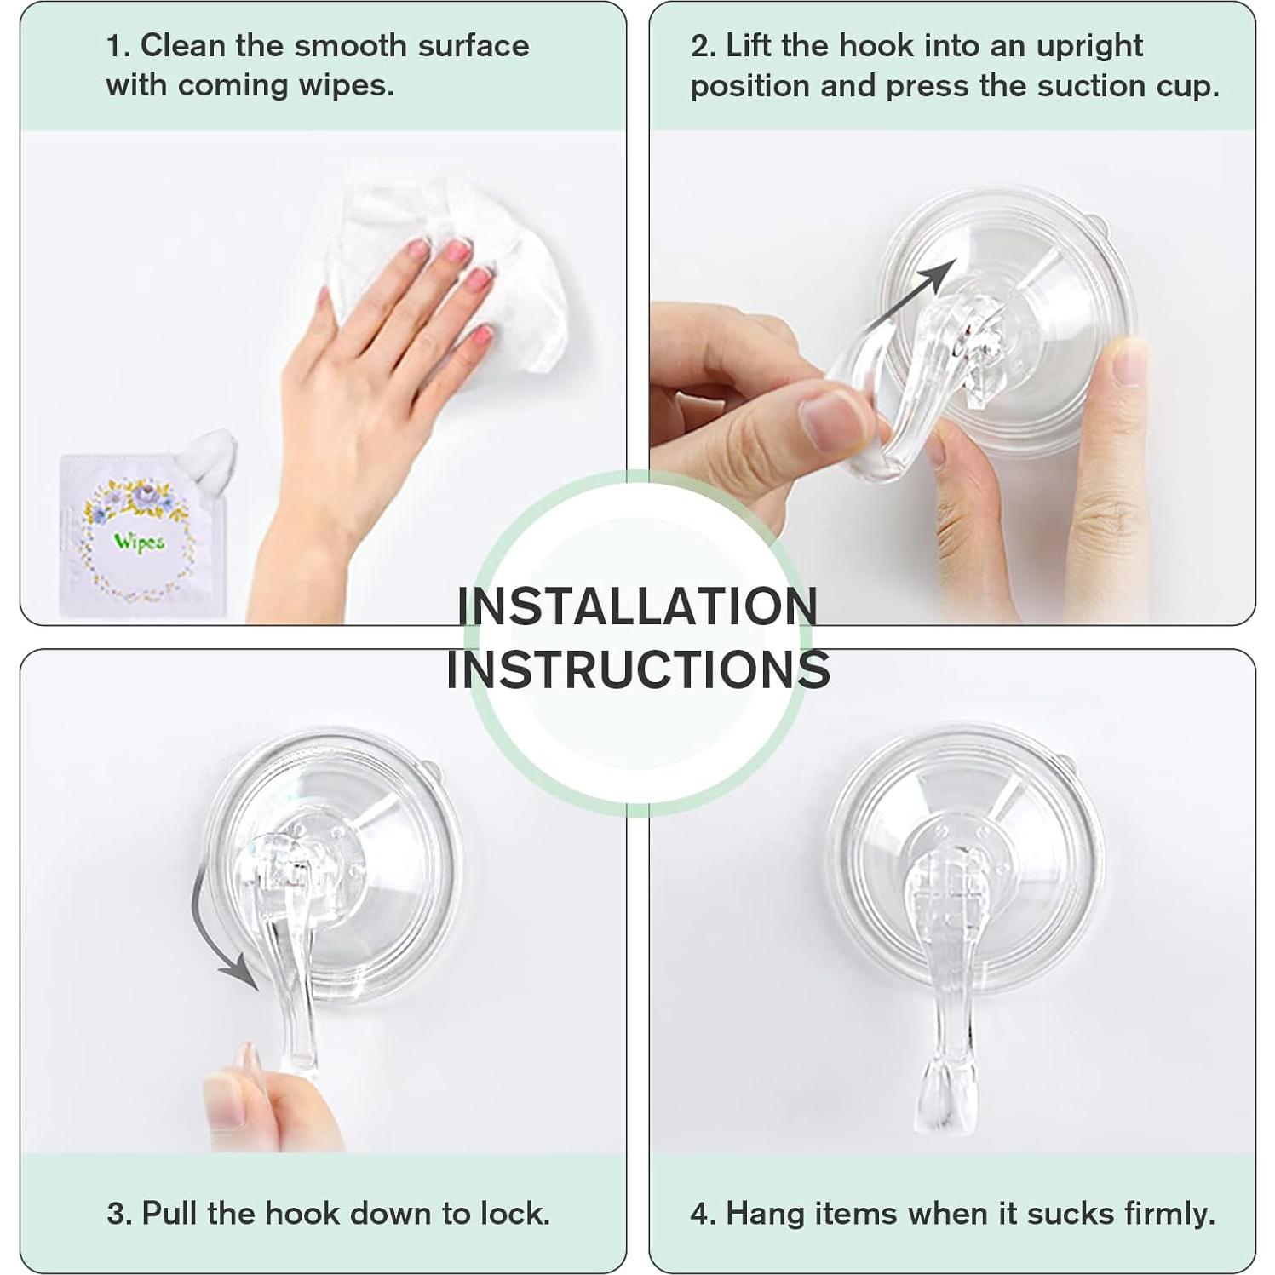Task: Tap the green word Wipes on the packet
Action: (139, 543)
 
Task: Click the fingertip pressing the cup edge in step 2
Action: (1129, 362)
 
